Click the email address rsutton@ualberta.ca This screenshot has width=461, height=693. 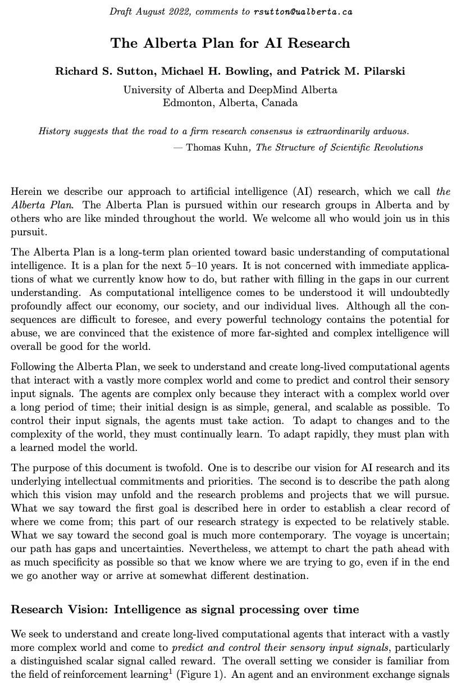coord(303,12)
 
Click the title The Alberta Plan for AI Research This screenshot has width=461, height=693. coord(230,43)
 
